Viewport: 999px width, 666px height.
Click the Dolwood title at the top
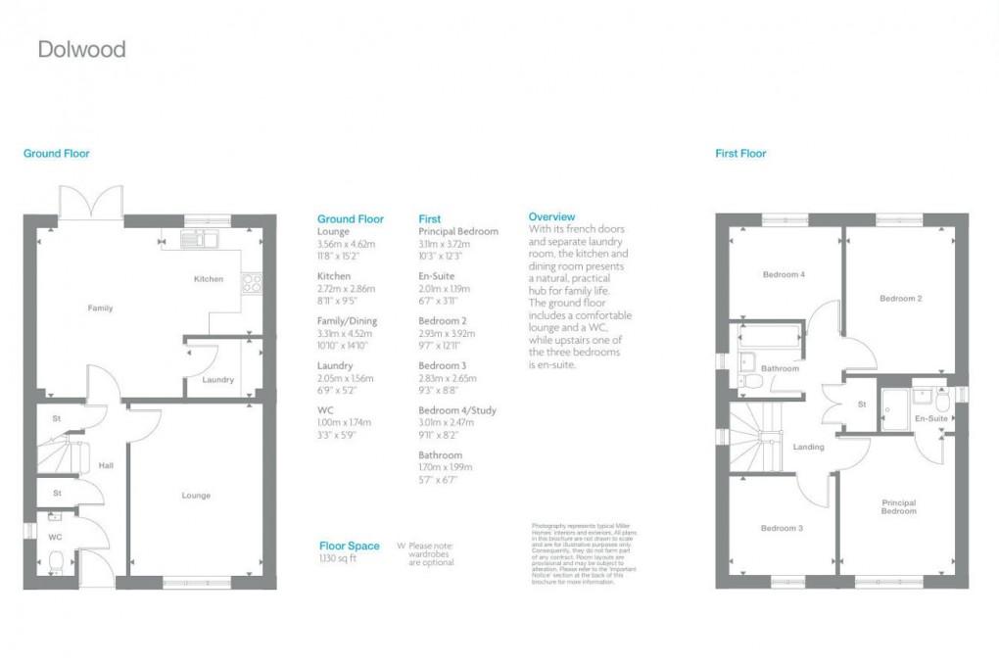(x=81, y=49)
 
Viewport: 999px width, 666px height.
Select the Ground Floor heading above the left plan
(x=57, y=154)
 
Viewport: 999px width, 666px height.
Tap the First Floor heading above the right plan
(x=740, y=154)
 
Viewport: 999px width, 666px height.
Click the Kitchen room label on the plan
(x=208, y=279)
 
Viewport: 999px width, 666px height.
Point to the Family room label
(x=100, y=309)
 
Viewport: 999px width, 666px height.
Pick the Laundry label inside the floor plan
(x=217, y=380)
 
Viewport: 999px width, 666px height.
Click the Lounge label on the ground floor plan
(x=196, y=496)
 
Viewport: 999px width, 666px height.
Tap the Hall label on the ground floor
(x=106, y=466)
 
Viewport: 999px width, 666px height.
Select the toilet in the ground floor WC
(x=56, y=562)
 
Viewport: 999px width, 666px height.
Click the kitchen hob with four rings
(x=251, y=282)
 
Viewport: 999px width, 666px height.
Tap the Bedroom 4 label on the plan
(x=784, y=275)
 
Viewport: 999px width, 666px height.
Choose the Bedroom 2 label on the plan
(x=900, y=299)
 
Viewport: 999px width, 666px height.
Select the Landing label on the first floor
(x=809, y=448)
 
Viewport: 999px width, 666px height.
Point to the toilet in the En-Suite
(x=942, y=401)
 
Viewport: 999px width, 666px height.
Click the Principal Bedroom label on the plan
(x=898, y=506)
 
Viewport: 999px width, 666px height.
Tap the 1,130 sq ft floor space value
(x=339, y=558)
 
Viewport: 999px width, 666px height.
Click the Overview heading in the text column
(x=551, y=216)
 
